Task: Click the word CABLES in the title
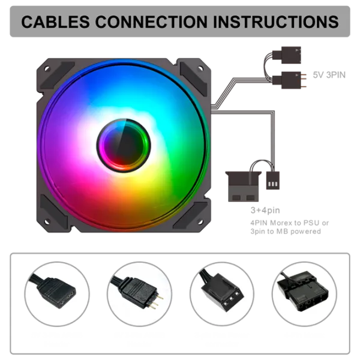click(x=55, y=22)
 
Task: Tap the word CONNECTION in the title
click(x=151, y=22)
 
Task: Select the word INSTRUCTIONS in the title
click(x=276, y=22)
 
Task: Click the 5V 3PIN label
click(x=329, y=75)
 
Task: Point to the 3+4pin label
click(x=265, y=211)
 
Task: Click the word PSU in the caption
click(x=311, y=223)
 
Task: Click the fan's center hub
click(x=124, y=145)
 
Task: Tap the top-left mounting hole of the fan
click(x=47, y=68)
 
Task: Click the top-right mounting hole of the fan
click(x=200, y=68)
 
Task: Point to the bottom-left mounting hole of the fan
click(x=47, y=222)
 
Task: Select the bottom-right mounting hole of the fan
click(x=200, y=222)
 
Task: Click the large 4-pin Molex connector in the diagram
click(x=244, y=187)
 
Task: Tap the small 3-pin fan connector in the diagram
click(x=273, y=181)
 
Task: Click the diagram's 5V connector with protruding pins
click(x=289, y=80)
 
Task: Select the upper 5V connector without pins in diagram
click(x=287, y=55)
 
